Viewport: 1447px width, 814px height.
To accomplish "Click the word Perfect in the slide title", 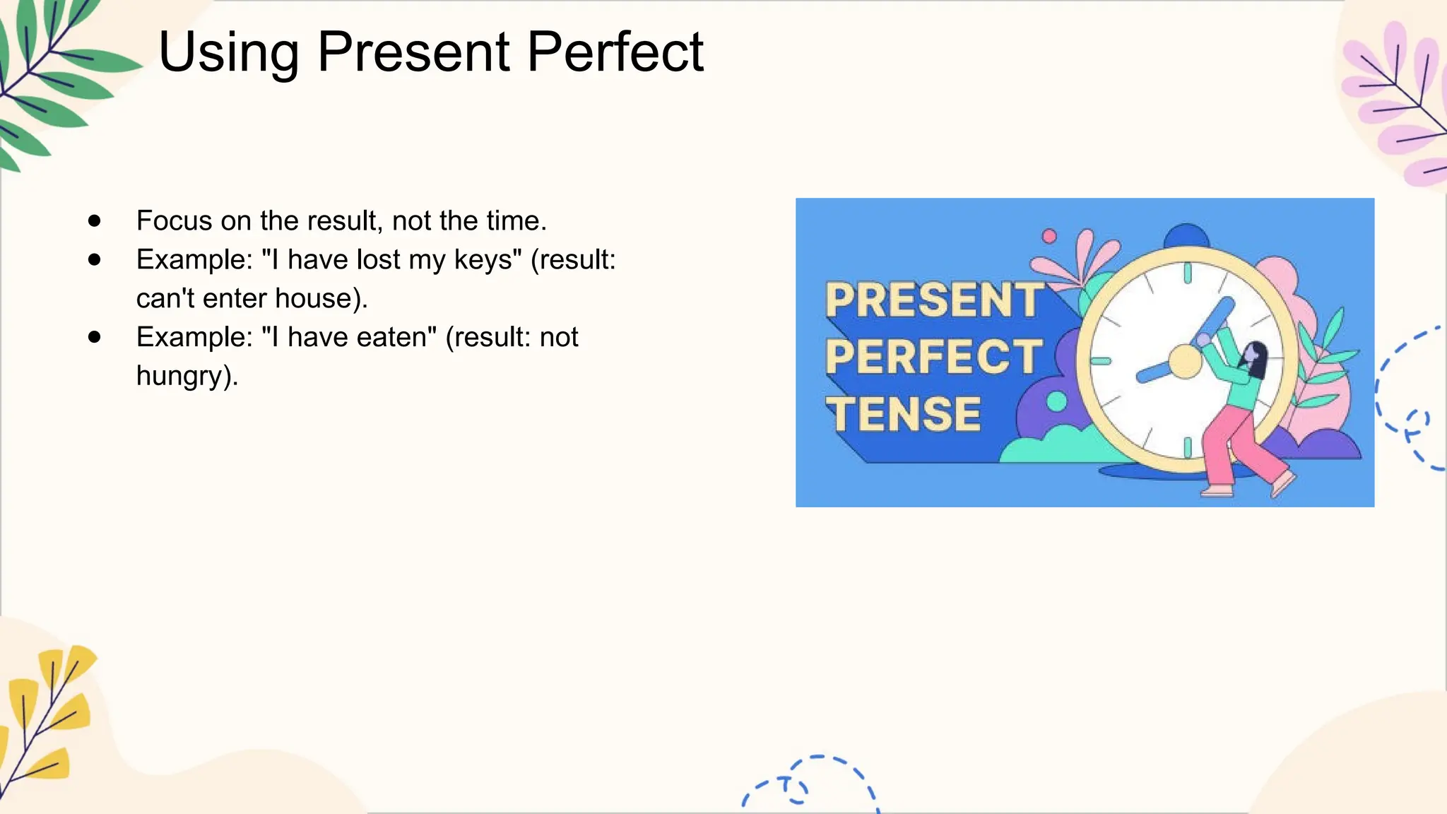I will (x=615, y=52).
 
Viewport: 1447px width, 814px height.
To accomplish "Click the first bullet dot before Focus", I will (x=95, y=221).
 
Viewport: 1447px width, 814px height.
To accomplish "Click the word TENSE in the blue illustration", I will (x=904, y=414).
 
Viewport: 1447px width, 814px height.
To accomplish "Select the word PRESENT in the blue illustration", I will (x=933, y=301).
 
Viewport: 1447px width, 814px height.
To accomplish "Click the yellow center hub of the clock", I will (x=1185, y=362).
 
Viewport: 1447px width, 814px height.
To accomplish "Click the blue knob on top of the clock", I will (x=1186, y=236).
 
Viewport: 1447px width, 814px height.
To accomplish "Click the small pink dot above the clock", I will (x=1049, y=236).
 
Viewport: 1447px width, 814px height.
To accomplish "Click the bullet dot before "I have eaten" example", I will (x=95, y=338).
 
